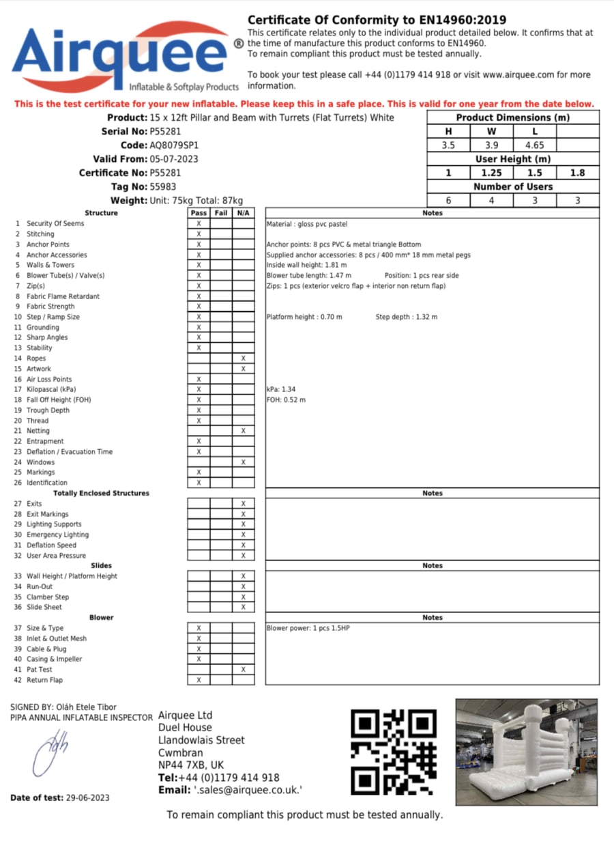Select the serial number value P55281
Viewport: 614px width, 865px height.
coord(165,131)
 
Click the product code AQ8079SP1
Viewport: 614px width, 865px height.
coord(174,145)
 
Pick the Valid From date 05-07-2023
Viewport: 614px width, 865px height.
coord(175,159)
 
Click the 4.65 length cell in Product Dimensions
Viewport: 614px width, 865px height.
coord(534,145)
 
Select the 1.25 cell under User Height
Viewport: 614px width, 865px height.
coord(491,173)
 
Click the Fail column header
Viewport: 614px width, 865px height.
coord(221,213)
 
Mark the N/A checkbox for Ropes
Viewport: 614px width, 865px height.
coord(243,358)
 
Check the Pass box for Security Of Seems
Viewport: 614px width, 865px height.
coord(199,224)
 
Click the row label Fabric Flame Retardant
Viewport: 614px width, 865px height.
coord(63,296)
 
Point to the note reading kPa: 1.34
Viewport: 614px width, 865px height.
coord(281,389)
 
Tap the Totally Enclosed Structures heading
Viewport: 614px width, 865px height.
coord(101,493)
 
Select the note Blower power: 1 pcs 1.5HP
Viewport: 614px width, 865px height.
coord(312,628)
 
